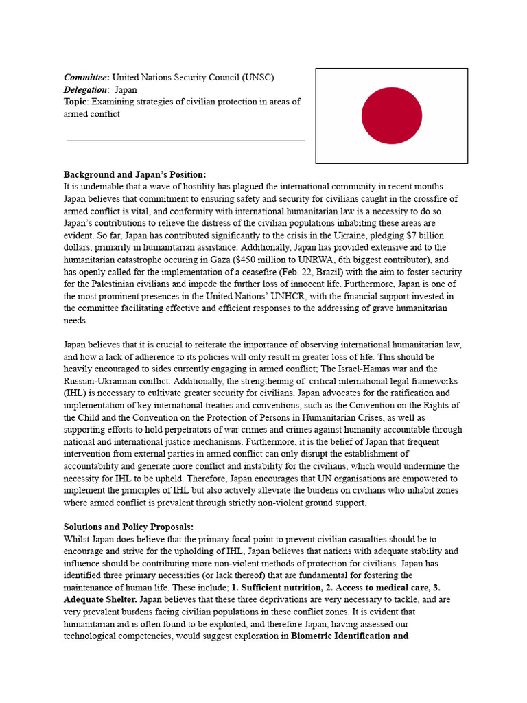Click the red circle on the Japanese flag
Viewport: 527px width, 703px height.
[391, 115]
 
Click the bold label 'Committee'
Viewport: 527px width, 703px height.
[86, 77]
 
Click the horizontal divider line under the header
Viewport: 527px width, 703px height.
[185, 141]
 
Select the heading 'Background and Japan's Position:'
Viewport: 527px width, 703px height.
[134, 175]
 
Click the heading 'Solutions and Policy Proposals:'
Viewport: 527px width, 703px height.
[129, 527]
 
